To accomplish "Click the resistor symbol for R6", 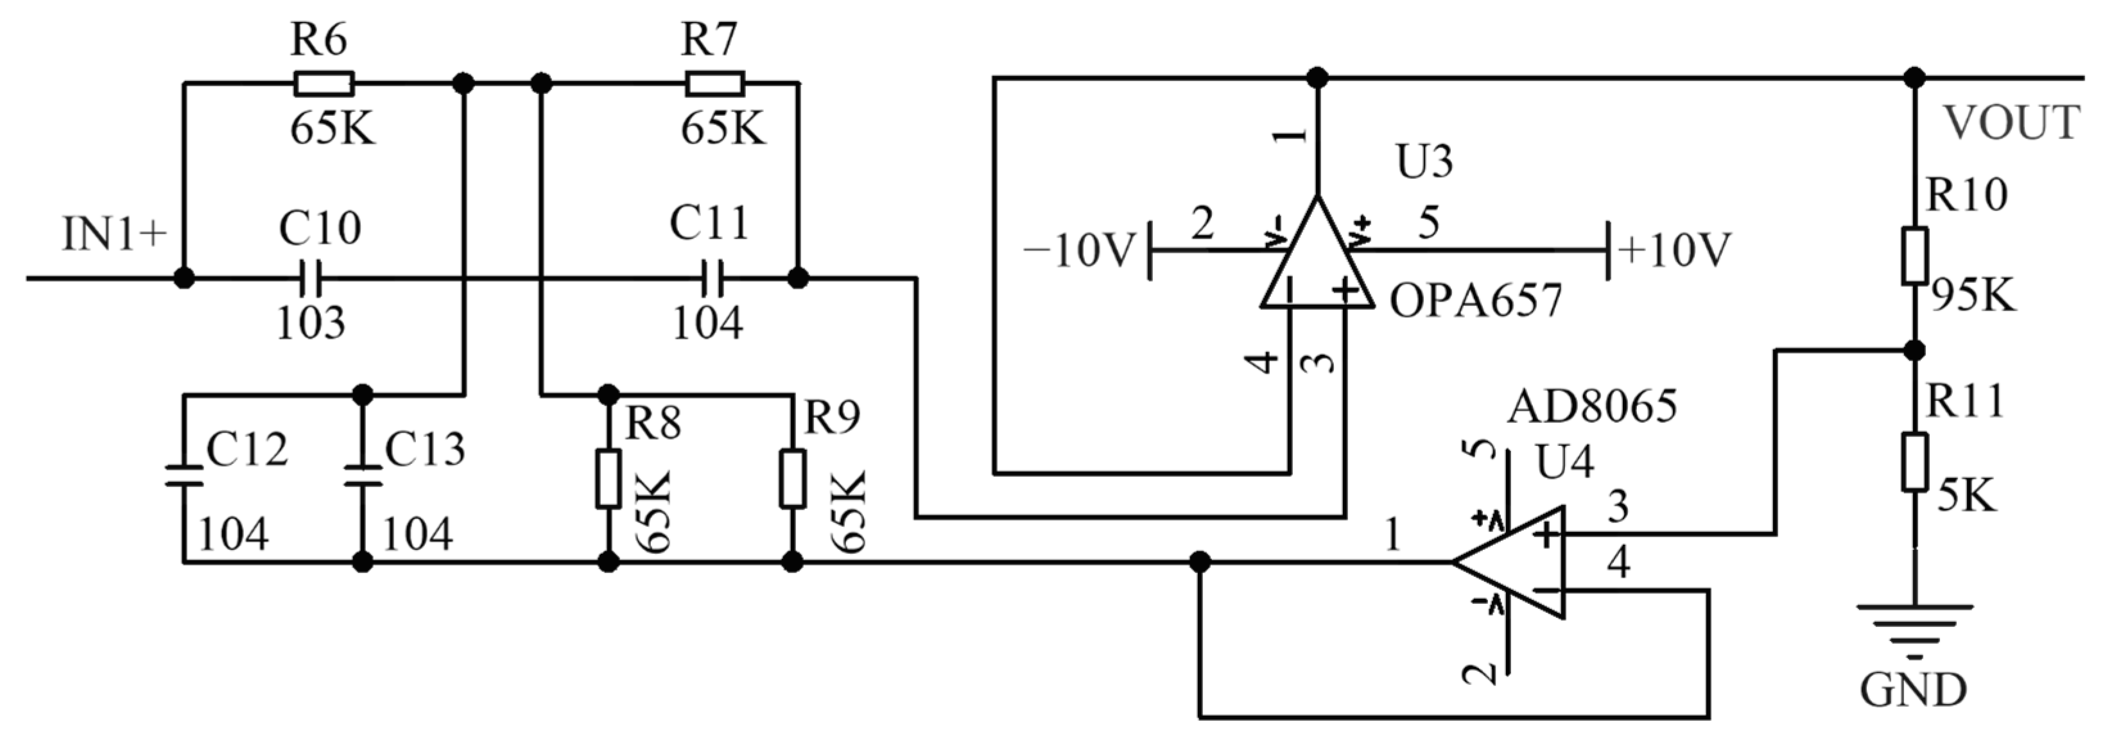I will (x=324, y=83).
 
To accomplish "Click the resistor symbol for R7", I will (x=715, y=83).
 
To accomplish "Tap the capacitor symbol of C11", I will (x=712, y=279).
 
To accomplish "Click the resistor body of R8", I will (x=608, y=478).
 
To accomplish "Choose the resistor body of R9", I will (x=792, y=478).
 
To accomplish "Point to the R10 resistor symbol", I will (x=1914, y=256).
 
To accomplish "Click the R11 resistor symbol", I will (x=1914, y=463).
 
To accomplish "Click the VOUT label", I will (x=2012, y=123).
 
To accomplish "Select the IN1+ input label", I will (x=115, y=234).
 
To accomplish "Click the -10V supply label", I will (x=1080, y=250).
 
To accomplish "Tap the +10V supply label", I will (x=1675, y=250).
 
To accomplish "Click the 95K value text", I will (x=1973, y=296).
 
